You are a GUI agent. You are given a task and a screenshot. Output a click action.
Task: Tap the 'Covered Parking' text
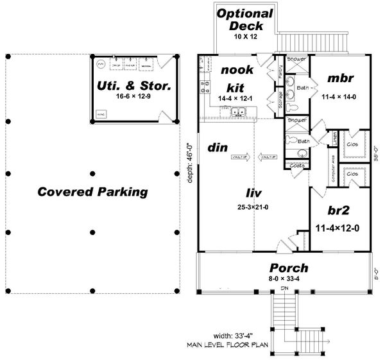coord(92,191)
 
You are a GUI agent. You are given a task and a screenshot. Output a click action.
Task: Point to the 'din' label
coord(218,147)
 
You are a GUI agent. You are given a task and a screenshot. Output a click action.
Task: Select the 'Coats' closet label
coord(296,165)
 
